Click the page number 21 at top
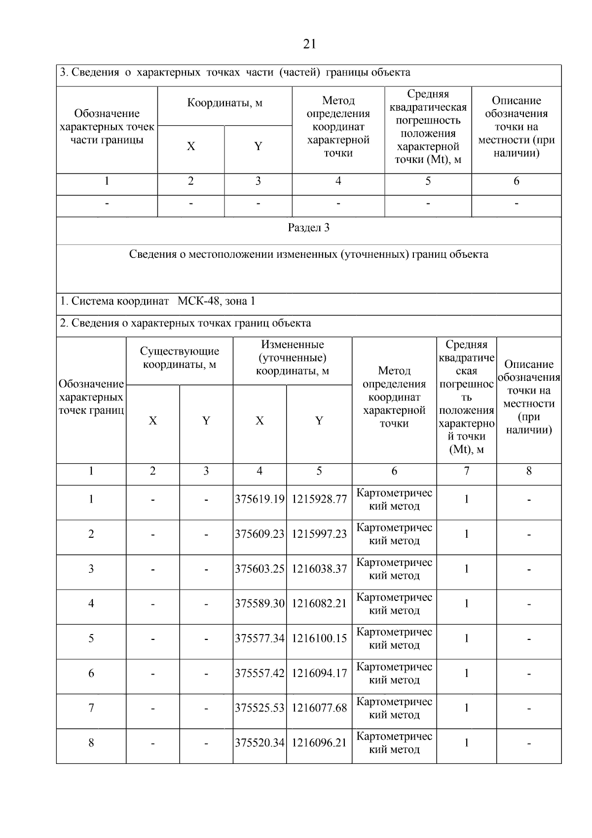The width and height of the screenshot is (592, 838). [309, 44]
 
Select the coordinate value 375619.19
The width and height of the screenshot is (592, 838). [259, 499]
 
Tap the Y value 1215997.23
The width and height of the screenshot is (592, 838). [319, 534]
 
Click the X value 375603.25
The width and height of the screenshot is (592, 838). [259, 569]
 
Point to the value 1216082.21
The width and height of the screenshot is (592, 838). [319, 603]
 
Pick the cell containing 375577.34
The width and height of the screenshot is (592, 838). [259, 638]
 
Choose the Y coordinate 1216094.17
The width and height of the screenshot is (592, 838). [319, 673]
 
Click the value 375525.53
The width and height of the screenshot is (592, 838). [259, 708]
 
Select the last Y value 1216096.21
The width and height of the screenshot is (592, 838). [319, 743]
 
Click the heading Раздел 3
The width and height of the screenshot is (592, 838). [309, 228]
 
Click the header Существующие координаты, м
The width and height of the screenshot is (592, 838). [180, 358]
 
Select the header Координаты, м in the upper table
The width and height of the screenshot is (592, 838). [224, 103]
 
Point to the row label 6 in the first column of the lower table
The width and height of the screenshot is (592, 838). [91, 673]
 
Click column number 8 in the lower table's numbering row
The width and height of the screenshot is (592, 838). [529, 471]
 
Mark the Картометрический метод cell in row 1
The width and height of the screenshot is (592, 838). [394, 499]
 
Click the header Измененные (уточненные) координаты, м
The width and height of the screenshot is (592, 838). [293, 358]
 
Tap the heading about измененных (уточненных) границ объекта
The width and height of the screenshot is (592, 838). [309, 254]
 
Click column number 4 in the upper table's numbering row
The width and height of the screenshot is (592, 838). [338, 181]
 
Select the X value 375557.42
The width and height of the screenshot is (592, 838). [259, 673]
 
